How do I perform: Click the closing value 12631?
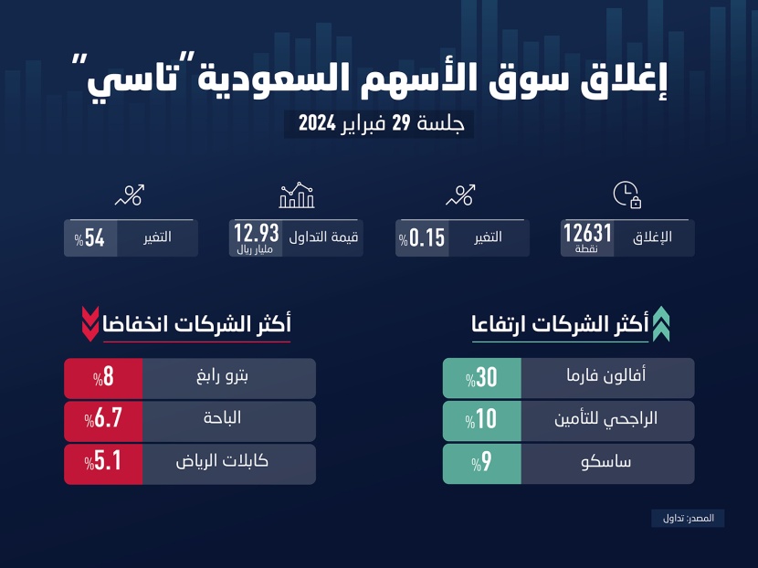click(587, 234)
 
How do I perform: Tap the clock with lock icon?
click(626, 195)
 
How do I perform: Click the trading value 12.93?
click(257, 233)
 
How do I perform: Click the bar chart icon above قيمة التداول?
click(297, 195)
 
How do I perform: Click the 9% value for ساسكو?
click(481, 463)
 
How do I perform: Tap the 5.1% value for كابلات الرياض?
click(102, 463)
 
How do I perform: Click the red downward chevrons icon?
click(89, 323)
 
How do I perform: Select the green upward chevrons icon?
click(660, 325)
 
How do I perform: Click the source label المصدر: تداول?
click(688, 518)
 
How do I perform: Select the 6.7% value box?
click(102, 420)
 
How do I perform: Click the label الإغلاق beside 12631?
click(652, 237)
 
